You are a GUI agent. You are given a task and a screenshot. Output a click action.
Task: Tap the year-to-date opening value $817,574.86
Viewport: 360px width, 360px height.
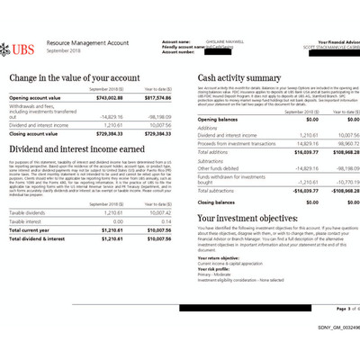coord(157,97)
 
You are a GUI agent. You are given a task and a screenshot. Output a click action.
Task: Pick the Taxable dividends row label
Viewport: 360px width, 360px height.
coord(29,212)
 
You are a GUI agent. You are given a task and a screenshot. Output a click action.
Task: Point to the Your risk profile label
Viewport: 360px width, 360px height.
coord(216,267)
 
